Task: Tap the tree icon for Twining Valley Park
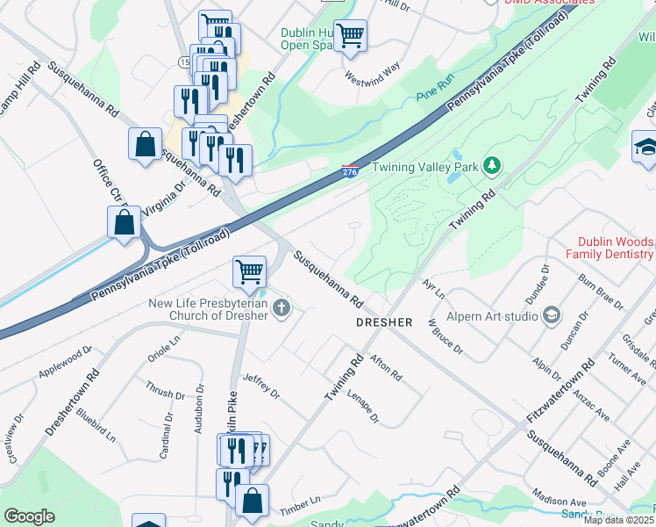pyautogui.click(x=492, y=166)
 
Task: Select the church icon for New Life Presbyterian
pyautogui.click(x=281, y=307)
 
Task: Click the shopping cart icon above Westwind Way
pyautogui.click(x=350, y=35)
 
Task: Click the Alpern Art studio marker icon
pyautogui.click(x=552, y=314)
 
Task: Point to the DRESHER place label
pyautogui.click(x=383, y=322)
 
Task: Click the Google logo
pyautogui.click(x=29, y=516)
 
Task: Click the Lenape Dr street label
pyautogui.click(x=363, y=407)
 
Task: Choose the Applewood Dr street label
pyautogui.click(x=65, y=363)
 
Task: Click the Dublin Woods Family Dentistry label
pyautogui.click(x=616, y=248)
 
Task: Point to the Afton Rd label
pyautogui.click(x=386, y=367)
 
